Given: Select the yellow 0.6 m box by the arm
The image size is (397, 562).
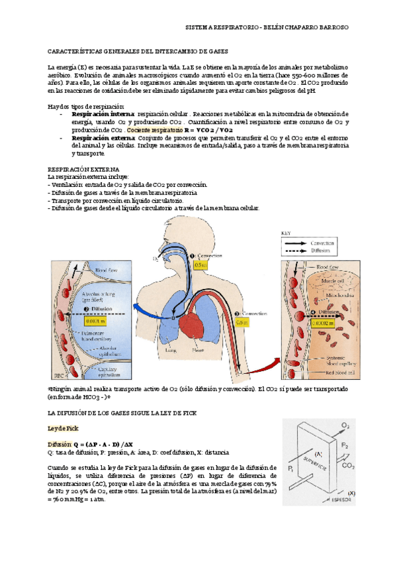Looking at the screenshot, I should [x=243, y=323].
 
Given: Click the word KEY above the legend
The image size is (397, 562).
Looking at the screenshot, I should [x=287, y=233].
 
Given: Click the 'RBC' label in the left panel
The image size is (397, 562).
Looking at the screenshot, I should [x=58, y=373].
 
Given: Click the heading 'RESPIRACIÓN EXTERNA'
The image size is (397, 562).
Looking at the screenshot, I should [x=77, y=169].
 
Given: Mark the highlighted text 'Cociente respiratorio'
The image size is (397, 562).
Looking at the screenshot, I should [x=155, y=131].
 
